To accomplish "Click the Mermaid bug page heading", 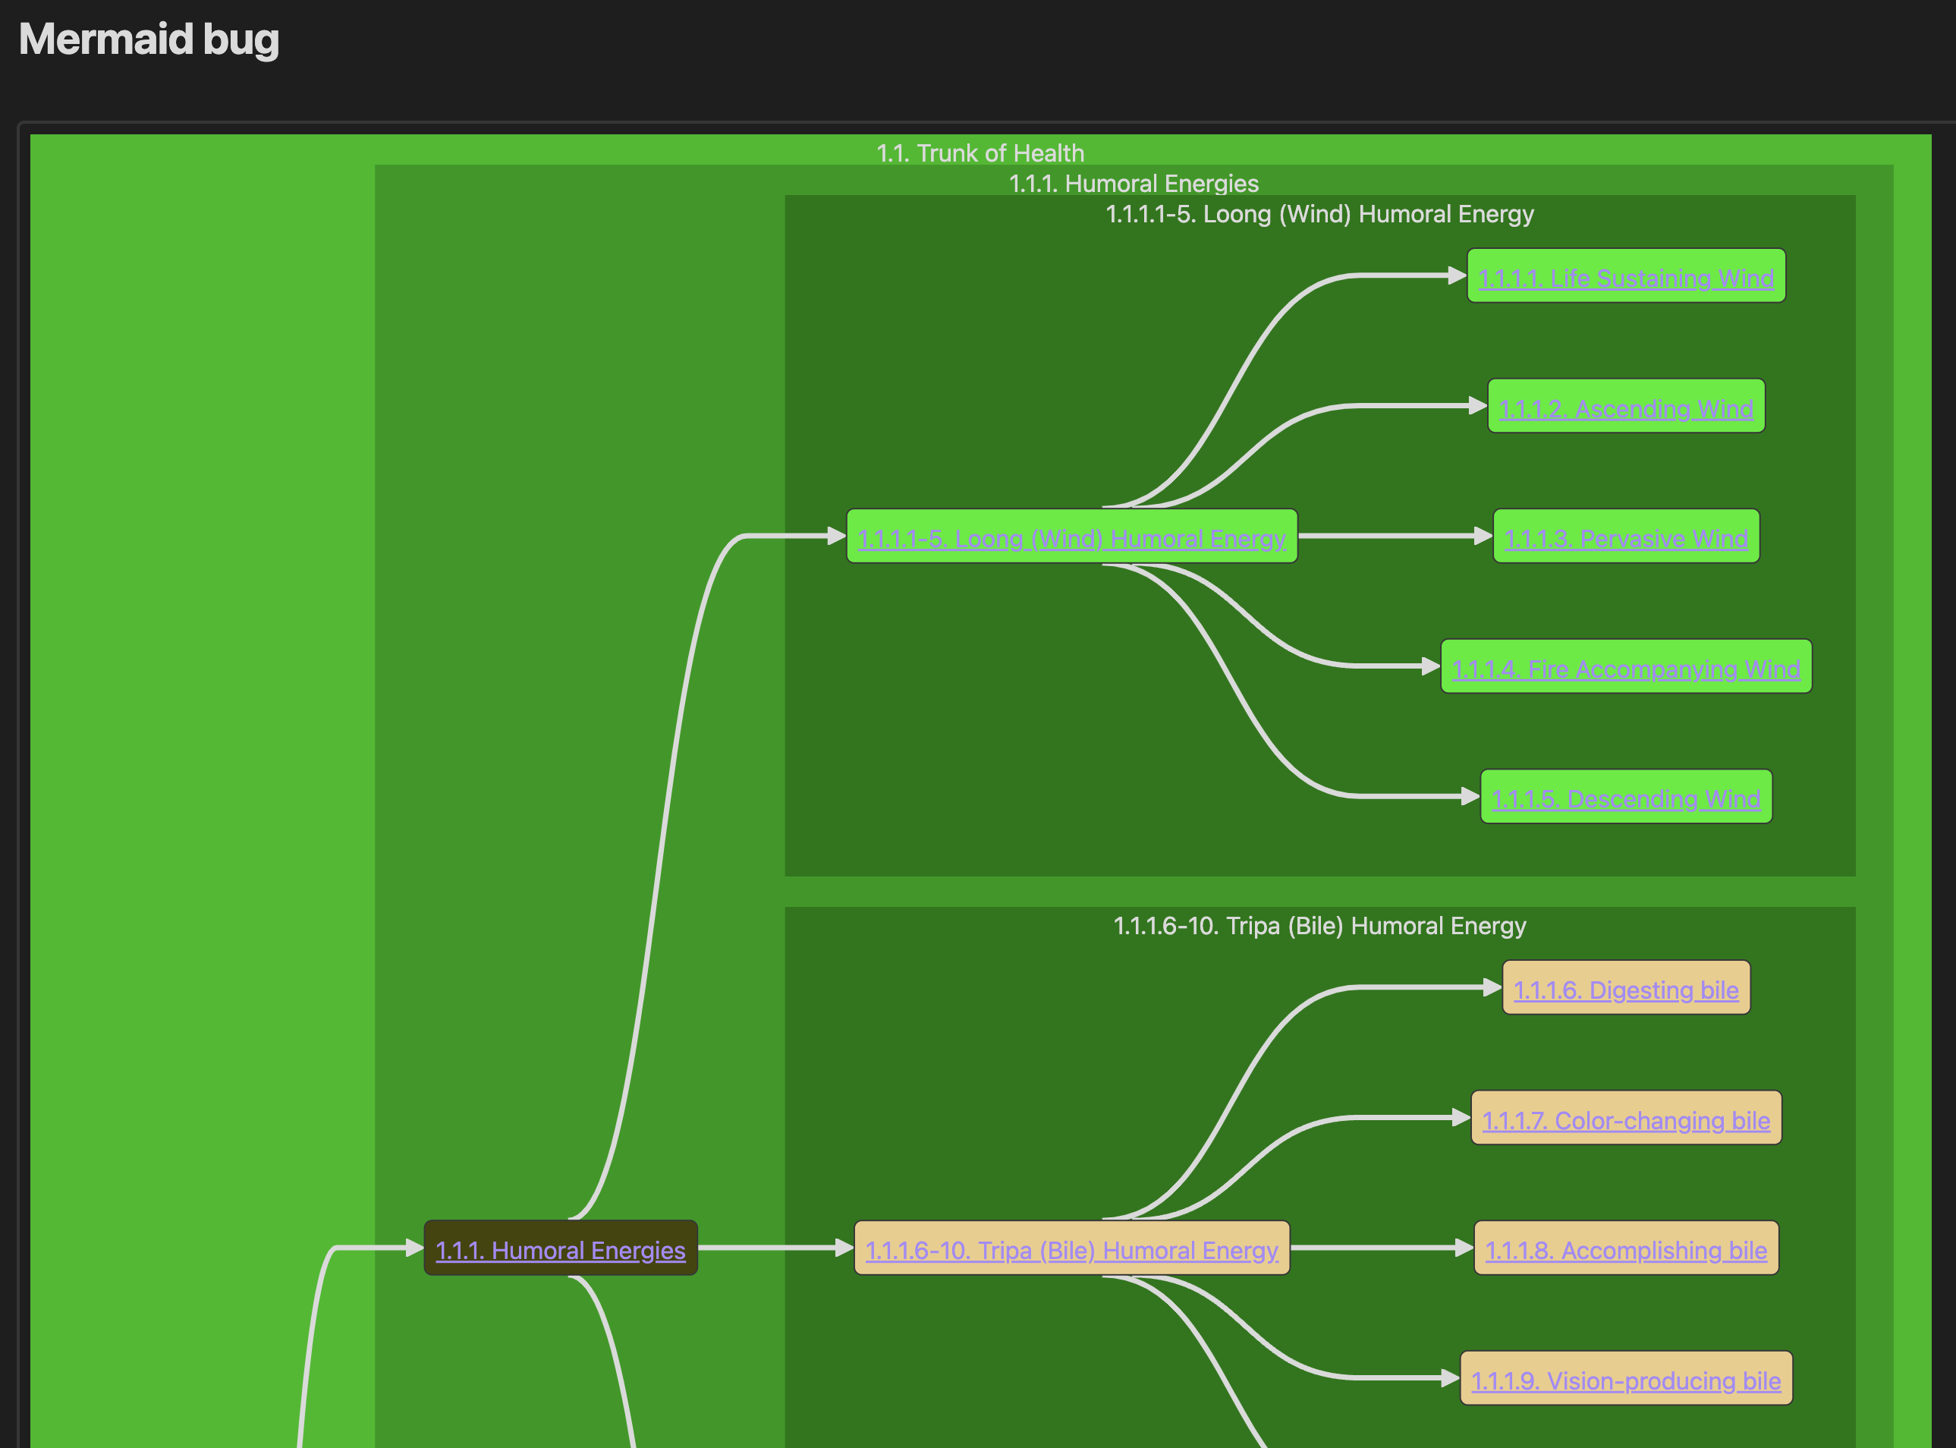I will pos(149,39).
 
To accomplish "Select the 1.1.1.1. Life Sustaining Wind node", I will pos(1626,277).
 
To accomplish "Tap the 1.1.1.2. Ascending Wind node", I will pos(1626,408).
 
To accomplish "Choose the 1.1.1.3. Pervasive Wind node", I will pos(1626,537).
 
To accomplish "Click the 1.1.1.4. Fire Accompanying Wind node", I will pos(1626,668).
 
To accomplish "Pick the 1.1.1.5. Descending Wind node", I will pos(1626,798).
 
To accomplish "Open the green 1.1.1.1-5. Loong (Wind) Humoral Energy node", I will pos(1071,537).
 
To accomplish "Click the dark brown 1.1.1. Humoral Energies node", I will pos(560,1249).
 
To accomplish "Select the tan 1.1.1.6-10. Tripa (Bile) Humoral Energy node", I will pos(1071,1249).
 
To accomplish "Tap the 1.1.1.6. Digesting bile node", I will pos(1626,989).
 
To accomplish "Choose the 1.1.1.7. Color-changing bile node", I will pos(1626,1119).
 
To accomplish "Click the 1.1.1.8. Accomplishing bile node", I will pos(1626,1249).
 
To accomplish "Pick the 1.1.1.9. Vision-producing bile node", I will pos(1626,1380).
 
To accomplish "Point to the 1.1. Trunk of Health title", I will pos(980,153).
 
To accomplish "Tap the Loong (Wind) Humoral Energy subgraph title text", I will pos(1319,214).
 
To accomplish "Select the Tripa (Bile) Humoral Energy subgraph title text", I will pos(1319,926).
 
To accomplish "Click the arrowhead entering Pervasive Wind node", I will pos(1483,536).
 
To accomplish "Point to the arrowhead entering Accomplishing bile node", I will pos(1464,1248).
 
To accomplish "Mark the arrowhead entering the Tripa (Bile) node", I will pos(844,1248).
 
